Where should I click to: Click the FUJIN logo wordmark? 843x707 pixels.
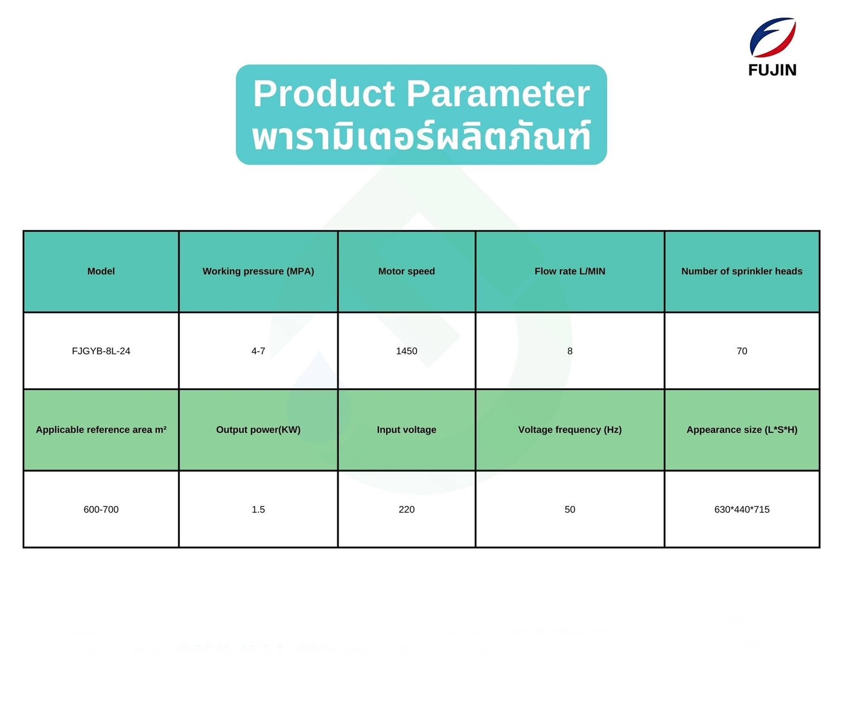772,70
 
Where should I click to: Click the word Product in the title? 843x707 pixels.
323,94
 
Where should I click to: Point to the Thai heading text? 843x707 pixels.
421,136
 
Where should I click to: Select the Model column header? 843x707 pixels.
101,271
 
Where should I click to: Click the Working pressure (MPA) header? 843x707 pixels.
258,271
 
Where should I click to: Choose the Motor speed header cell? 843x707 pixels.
406,271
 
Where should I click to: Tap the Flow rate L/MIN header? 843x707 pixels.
570,271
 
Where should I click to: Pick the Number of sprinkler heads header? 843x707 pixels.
742,271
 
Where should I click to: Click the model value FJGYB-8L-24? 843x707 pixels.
101,351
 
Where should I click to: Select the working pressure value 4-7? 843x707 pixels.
258,351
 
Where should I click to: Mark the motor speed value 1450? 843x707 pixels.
406,351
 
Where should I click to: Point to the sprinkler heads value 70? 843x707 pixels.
742,351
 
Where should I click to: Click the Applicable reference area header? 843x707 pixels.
101,430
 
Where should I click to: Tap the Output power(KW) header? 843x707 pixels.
258,430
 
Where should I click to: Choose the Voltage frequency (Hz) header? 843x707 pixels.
570,430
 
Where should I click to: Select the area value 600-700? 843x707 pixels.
101,510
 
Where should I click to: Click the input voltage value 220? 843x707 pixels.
406,510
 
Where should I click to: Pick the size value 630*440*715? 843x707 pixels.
742,510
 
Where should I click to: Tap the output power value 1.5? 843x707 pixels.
258,510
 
